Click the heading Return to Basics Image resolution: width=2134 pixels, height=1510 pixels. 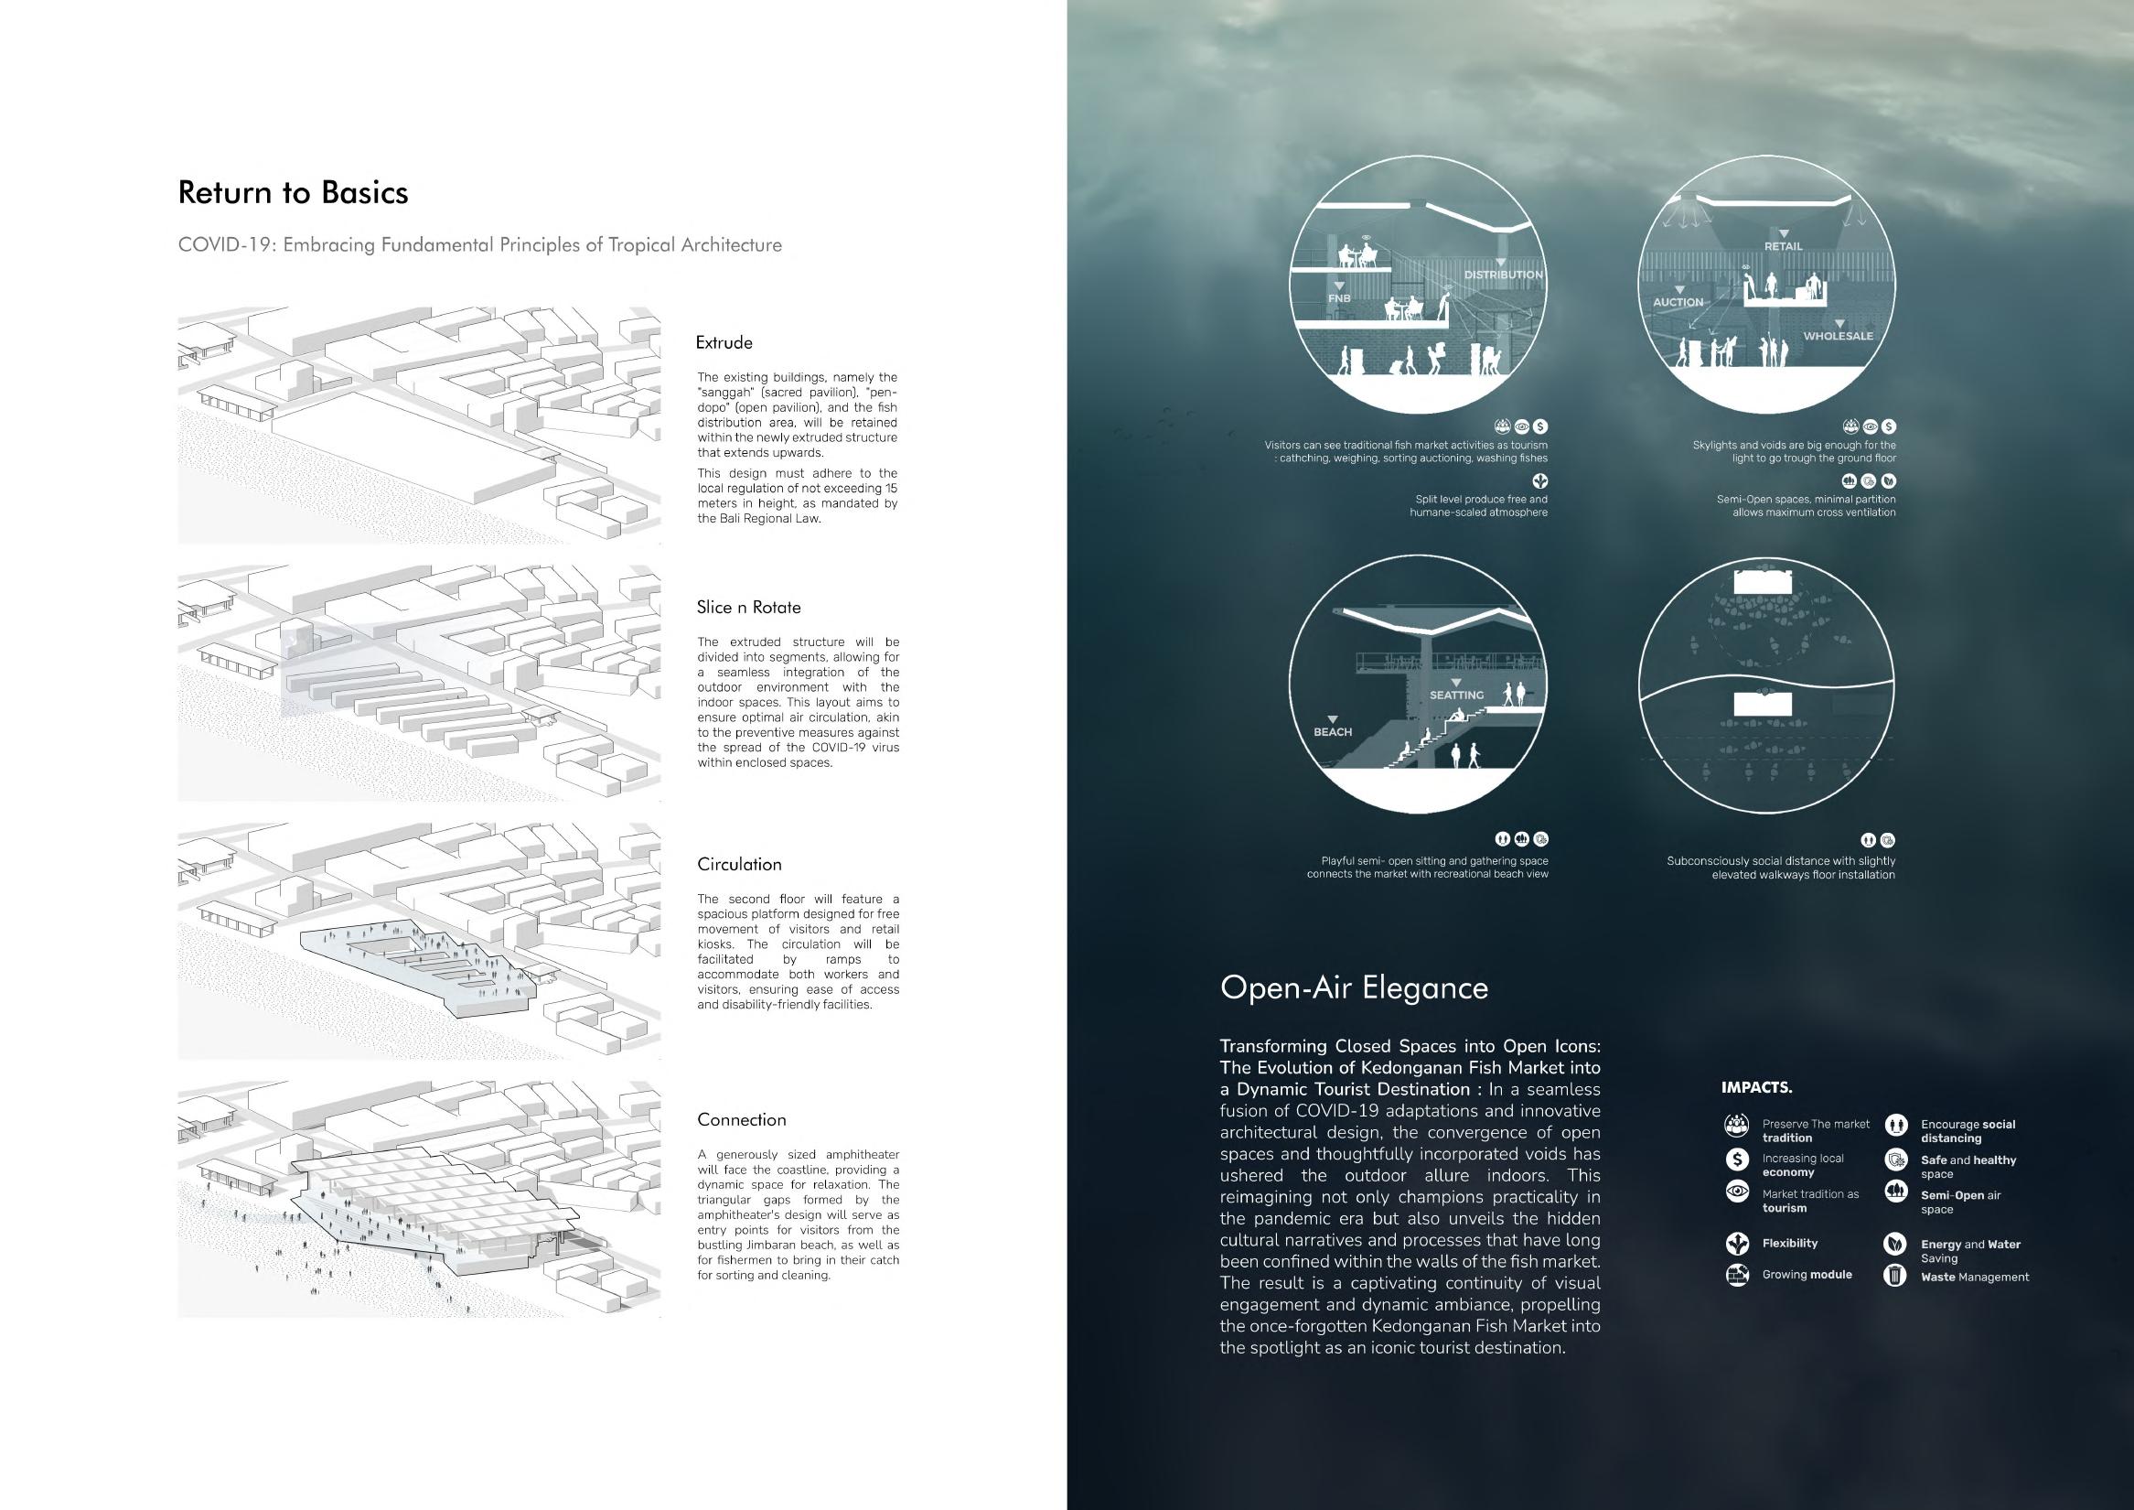(293, 192)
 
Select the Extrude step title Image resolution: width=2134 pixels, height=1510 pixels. (724, 342)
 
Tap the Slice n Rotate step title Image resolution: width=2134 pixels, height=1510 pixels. (748, 607)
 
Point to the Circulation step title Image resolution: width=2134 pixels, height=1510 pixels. (739, 864)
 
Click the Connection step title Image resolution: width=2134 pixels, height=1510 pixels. (741, 1119)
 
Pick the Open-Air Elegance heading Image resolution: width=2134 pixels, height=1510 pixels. (1353, 987)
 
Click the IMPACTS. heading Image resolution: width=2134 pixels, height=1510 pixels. (1756, 1087)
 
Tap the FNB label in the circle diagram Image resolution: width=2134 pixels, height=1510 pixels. (1338, 298)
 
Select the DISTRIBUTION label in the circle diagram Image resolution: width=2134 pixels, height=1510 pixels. (1503, 275)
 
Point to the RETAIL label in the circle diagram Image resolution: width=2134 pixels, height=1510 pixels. (1783, 246)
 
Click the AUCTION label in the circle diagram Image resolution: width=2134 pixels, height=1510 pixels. (1678, 302)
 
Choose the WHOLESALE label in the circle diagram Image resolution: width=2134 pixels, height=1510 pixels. (1839, 336)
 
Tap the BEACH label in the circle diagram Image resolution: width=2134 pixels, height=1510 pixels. (1332, 732)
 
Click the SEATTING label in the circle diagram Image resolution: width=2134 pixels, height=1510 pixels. (1456, 695)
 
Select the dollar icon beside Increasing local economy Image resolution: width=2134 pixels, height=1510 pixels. (1735, 1159)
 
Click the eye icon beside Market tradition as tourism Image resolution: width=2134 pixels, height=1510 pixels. (1735, 1192)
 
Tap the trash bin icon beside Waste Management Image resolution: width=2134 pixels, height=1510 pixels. (1894, 1276)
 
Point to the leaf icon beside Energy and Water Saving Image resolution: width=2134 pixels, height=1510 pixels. (1894, 1244)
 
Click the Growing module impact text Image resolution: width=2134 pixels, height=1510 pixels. (1807, 1275)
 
